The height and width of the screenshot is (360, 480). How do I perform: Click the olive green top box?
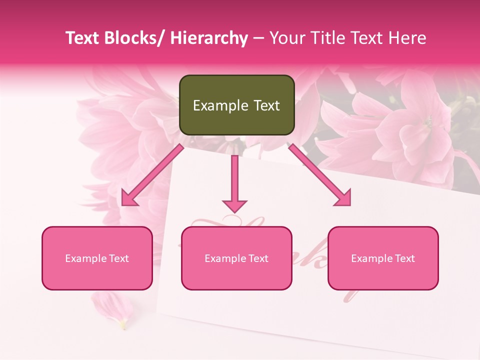[x=236, y=105]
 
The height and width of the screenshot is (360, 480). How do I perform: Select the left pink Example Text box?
[x=97, y=258]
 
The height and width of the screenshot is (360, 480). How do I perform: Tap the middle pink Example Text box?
[x=236, y=258]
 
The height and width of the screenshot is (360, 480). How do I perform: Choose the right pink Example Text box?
[x=383, y=258]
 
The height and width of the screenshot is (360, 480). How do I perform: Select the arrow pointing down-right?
[x=320, y=175]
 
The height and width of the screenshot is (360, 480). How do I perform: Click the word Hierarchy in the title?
[x=209, y=38]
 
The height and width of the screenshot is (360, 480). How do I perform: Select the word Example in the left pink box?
[x=85, y=258]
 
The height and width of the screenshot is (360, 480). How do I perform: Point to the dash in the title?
[x=258, y=38]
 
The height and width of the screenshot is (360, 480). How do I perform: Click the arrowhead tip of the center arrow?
[x=234, y=212]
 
